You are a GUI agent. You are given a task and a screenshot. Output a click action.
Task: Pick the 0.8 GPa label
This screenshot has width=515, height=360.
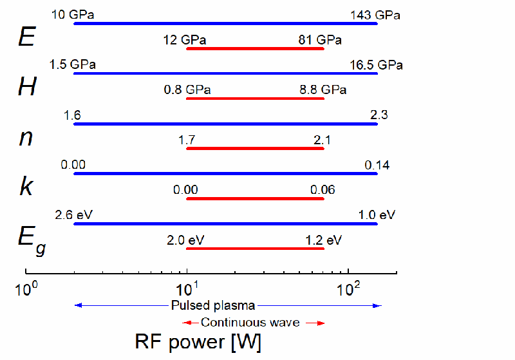point(187,90)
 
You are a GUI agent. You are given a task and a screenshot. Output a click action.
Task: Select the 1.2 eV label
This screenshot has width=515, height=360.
point(323,240)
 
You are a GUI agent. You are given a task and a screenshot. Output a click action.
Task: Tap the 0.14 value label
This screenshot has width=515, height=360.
point(377,166)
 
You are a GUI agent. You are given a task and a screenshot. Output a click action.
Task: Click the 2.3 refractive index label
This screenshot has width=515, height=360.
point(378,115)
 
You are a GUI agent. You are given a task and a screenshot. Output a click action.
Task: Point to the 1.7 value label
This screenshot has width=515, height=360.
point(187,140)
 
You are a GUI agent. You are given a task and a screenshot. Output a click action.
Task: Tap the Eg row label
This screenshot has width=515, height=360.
point(30,239)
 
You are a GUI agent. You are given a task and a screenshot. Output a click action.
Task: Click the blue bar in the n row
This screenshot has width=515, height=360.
point(225,124)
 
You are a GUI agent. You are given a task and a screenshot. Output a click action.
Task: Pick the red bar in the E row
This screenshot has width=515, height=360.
point(255,48)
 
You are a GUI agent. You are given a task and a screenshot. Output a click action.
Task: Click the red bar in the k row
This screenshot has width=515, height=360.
point(255,198)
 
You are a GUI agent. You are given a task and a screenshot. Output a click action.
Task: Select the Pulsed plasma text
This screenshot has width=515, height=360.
point(213,305)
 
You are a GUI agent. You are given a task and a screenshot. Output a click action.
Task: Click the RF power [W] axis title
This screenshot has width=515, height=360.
point(198,341)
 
